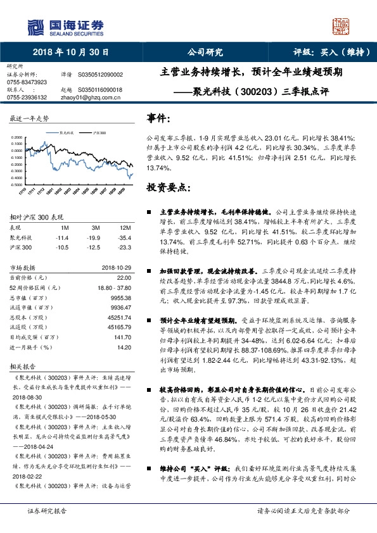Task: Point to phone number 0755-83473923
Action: pos(27,82)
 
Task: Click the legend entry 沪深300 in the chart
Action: pos(99,134)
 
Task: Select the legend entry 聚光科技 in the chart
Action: pos(67,134)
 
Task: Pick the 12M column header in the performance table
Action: pos(125,227)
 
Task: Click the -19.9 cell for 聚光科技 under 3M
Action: pos(96,237)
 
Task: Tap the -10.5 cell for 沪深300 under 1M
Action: pos(62,247)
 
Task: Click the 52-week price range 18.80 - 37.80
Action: pos(113,287)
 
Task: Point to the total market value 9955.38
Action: pos(120,296)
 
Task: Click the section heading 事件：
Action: pos(158,118)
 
